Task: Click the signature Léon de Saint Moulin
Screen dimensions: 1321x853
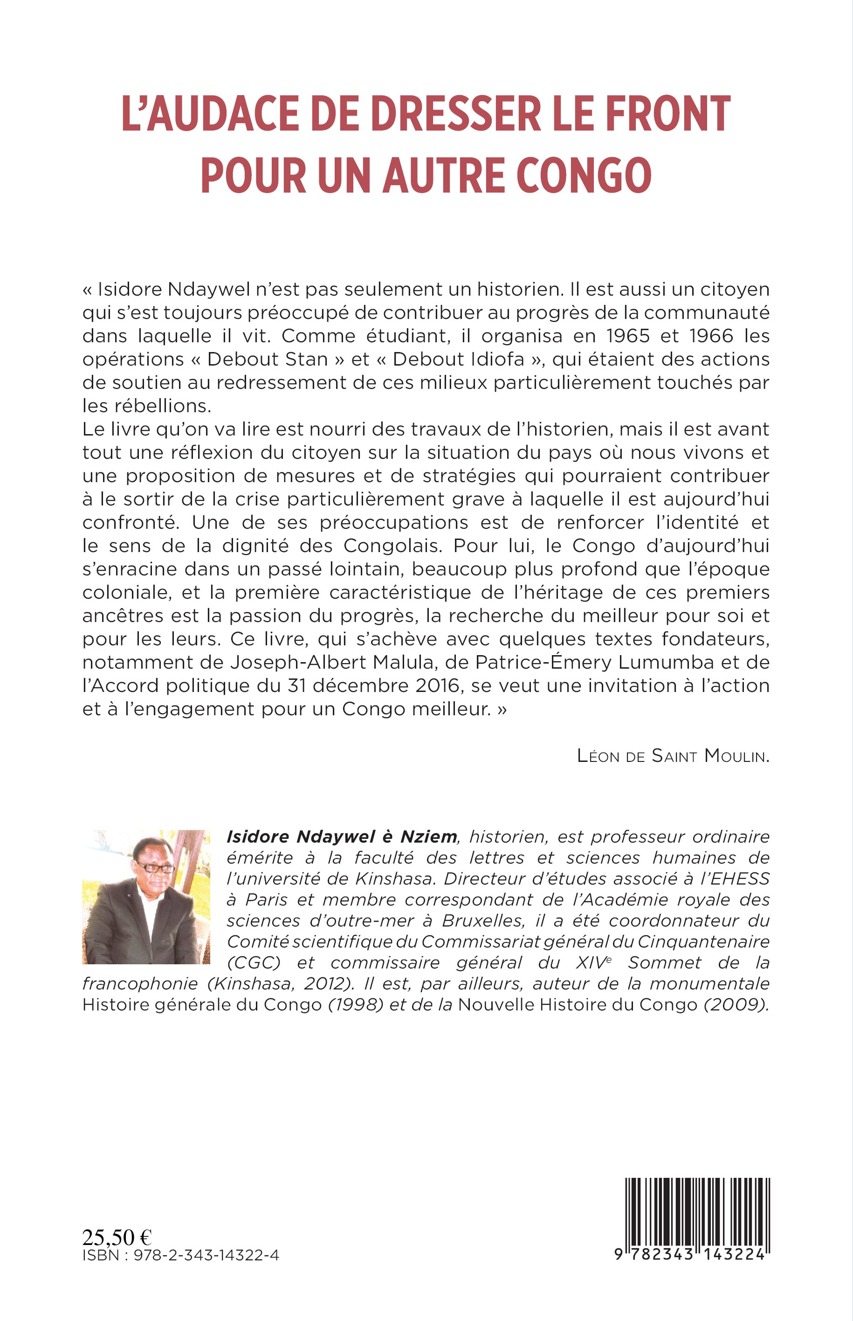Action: [x=673, y=756]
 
